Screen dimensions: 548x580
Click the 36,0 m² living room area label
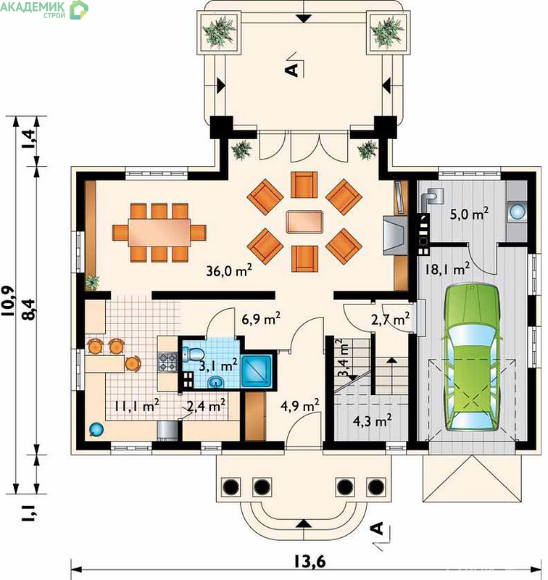coord(229,270)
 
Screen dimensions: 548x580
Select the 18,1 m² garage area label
coord(447,269)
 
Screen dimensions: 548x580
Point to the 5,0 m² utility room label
coord(469,214)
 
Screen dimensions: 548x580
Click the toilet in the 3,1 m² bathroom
coord(193,354)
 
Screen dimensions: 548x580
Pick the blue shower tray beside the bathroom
coord(257,371)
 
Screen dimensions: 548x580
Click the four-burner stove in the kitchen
coord(167,362)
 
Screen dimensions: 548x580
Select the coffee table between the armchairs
coord(304,222)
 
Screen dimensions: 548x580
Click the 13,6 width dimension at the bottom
coord(310,561)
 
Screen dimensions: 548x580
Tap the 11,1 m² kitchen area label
coord(136,406)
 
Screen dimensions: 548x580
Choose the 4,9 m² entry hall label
coord(299,406)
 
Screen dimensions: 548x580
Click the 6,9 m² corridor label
coord(261,318)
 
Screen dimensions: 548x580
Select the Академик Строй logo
coord(44,9)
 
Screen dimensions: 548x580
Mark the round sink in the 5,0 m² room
coord(517,212)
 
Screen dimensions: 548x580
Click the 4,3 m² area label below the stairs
coord(373,420)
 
